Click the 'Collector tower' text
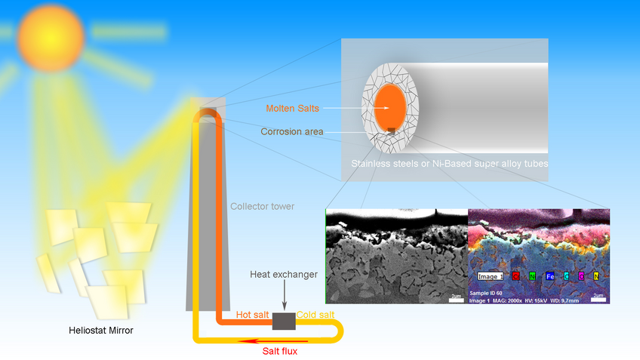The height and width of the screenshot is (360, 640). coord(262,206)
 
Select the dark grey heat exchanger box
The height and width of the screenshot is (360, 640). coord(284,322)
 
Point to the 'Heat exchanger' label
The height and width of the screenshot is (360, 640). coord(283,274)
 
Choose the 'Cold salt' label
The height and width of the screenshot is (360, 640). coord(315,314)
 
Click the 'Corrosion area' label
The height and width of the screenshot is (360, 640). coord(292,131)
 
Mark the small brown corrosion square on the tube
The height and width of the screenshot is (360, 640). coord(392,134)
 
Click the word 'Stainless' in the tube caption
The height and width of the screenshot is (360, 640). coord(371,163)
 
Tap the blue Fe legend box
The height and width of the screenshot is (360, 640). coord(550,276)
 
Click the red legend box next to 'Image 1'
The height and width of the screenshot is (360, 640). coord(515,276)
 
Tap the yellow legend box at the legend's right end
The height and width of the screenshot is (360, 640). coord(596,276)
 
